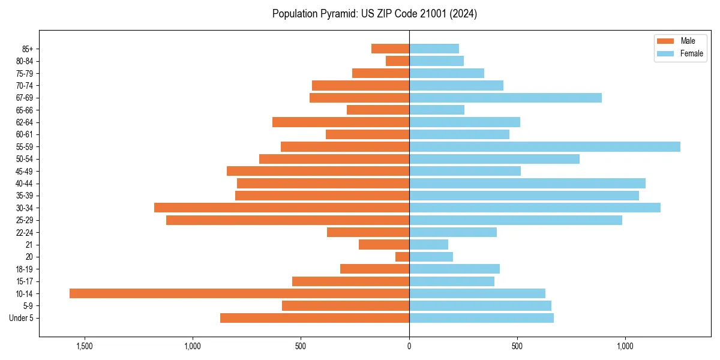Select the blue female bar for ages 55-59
(x=544, y=146)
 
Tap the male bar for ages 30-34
(x=281, y=208)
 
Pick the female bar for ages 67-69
(x=505, y=98)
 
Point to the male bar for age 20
(x=402, y=257)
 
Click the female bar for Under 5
(x=481, y=318)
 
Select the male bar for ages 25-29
(x=287, y=220)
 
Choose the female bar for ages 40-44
(x=527, y=183)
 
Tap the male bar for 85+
(x=390, y=49)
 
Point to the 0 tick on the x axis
(x=409, y=346)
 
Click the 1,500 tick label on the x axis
(x=85, y=346)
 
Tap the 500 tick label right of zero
(x=517, y=346)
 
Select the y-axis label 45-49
(x=25, y=171)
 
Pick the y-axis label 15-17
(x=25, y=281)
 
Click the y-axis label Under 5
(x=22, y=318)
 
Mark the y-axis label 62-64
(x=25, y=122)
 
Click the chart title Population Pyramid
(x=374, y=14)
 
